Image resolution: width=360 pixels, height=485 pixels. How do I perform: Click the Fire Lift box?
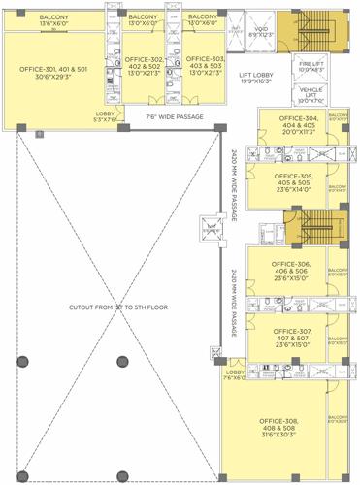click(x=311, y=69)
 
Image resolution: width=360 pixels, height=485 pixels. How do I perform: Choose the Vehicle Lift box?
click(x=311, y=96)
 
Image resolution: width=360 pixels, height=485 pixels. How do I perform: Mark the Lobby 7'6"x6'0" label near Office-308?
click(x=235, y=374)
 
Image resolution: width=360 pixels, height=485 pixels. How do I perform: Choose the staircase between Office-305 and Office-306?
click(x=317, y=231)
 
